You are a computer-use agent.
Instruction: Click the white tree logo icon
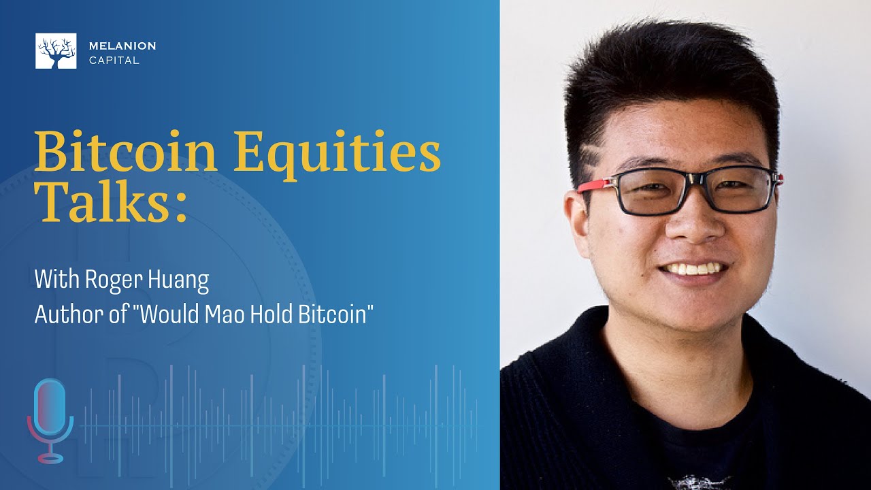pyautogui.click(x=56, y=51)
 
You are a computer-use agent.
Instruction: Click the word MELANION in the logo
pyautogui.click(x=122, y=46)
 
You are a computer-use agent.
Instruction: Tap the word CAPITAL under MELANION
pyautogui.click(x=114, y=61)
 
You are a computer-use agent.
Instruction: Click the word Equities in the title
pyautogui.click(x=338, y=154)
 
